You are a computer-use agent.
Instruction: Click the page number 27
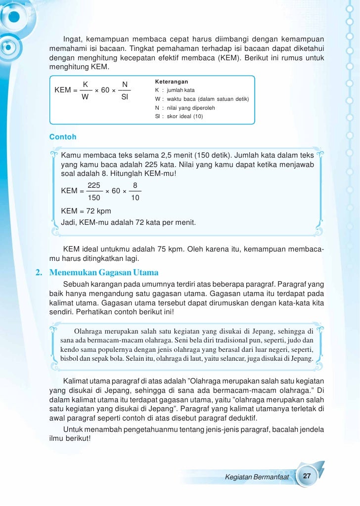[x=307, y=476]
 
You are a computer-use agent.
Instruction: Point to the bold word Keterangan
[x=171, y=82]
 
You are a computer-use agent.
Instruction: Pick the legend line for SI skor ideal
[x=179, y=117]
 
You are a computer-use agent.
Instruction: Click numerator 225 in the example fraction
[x=94, y=185]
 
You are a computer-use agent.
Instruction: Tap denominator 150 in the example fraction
[x=94, y=198]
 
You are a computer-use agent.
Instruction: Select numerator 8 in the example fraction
[x=135, y=185]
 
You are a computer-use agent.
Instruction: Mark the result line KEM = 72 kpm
[x=86, y=211]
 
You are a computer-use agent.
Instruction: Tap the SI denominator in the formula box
[x=125, y=97]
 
